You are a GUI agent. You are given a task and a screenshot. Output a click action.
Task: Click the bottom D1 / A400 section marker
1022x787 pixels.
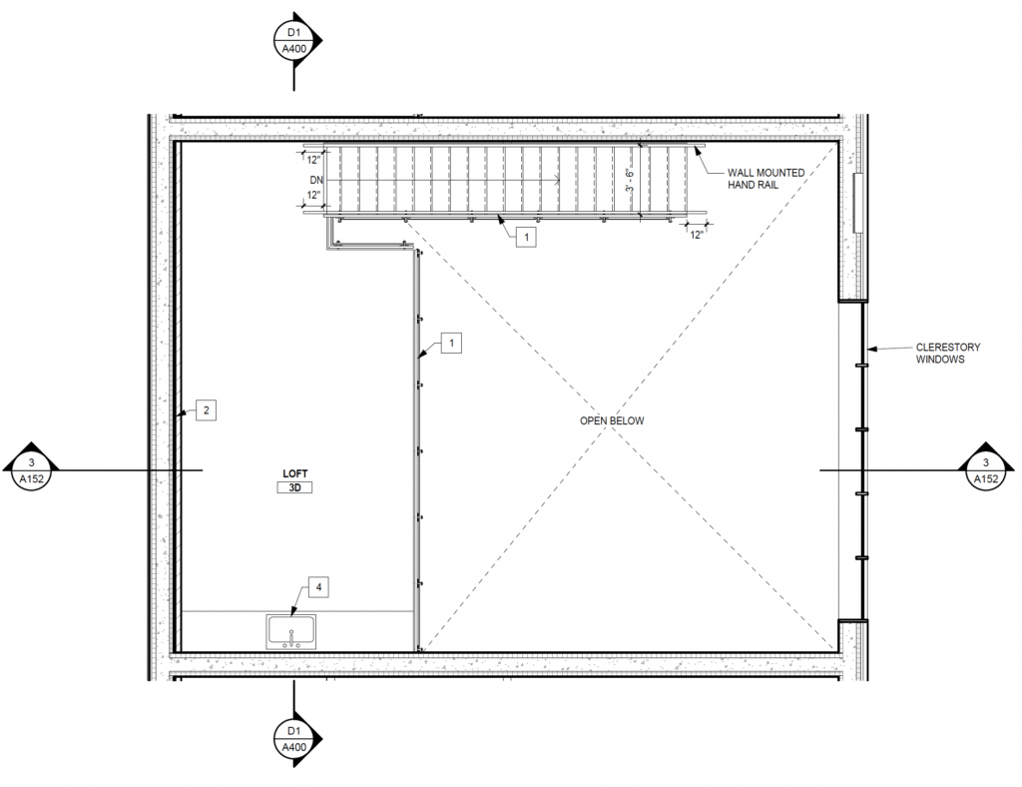(x=294, y=737)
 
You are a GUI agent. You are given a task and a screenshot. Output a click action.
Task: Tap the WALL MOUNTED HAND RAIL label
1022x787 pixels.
(x=766, y=179)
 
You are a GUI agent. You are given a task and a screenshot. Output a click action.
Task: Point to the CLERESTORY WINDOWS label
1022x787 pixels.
(x=947, y=354)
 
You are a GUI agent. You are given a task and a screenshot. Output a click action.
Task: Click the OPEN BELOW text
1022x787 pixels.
(x=612, y=421)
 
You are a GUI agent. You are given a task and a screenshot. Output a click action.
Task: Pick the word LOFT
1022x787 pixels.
(x=295, y=472)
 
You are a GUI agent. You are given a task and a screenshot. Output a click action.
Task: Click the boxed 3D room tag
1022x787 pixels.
(x=295, y=488)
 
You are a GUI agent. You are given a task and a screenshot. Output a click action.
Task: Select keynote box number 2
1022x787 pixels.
(x=206, y=409)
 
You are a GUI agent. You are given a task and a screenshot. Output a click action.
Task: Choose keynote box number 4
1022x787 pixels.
(x=318, y=587)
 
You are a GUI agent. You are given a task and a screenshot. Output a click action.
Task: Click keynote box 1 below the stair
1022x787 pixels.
(x=525, y=237)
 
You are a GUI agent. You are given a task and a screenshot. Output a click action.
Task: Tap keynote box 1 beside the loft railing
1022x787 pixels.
(x=452, y=344)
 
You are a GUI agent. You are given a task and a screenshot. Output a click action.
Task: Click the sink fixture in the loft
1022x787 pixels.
(x=291, y=632)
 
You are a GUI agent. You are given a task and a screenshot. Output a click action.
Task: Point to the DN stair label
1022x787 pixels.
(x=316, y=180)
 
